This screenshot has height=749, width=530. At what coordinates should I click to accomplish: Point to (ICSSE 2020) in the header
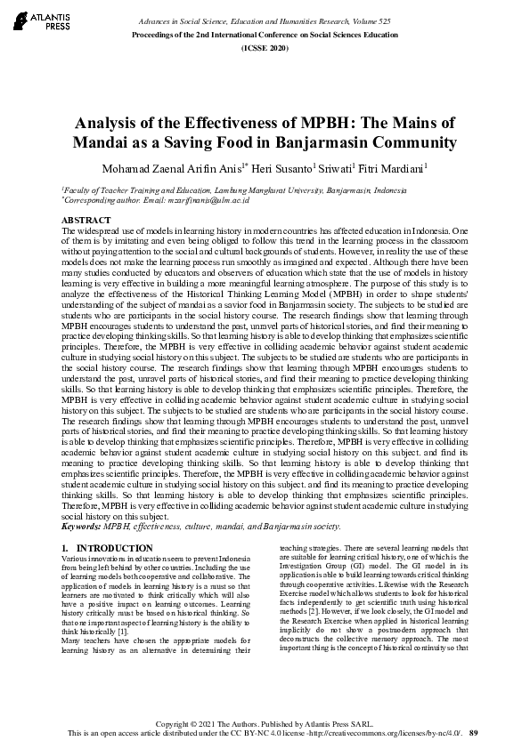265,46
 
